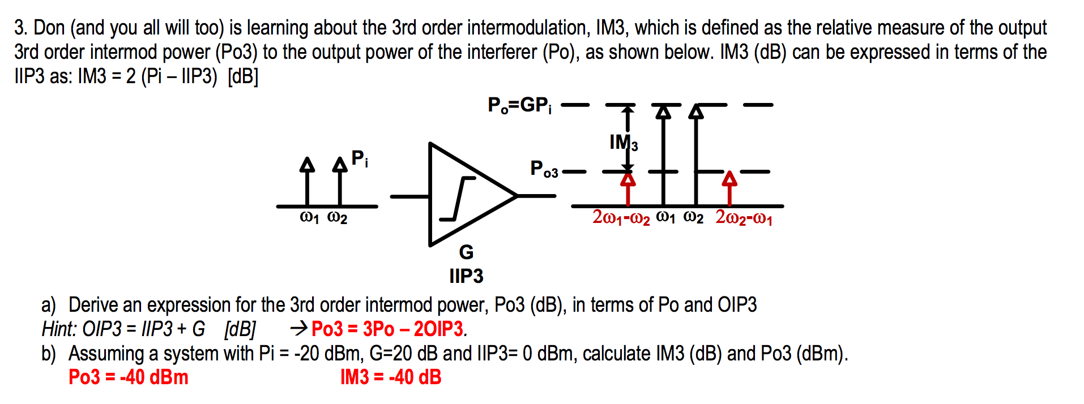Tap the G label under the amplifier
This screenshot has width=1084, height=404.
(x=466, y=252)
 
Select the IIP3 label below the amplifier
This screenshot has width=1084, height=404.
(x=466, y=276)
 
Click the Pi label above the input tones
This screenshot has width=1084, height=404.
(x=360, y=158)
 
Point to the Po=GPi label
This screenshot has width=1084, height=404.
(x=519, y=105)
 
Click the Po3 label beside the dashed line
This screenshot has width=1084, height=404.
(x=544, y=169)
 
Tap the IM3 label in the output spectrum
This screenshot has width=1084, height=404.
(x=624, y=143)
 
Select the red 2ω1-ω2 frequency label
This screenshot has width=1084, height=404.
(x=621, y=217)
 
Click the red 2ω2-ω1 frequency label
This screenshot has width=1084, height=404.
(x=744, y=217)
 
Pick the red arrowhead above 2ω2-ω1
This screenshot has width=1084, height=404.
(x=729, y=179)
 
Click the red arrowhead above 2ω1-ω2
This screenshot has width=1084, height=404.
(x=628, y=179)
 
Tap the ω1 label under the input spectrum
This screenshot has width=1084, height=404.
(x=309, y=218)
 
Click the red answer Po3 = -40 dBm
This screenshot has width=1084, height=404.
(x=129, y=377)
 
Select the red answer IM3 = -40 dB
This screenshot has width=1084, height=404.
(x=391, y=377)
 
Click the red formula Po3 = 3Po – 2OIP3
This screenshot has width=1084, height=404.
(x=389, y=329)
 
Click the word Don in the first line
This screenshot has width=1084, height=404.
(x=49, y=28)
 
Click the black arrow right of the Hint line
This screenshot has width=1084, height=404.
(x=299, y=328)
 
